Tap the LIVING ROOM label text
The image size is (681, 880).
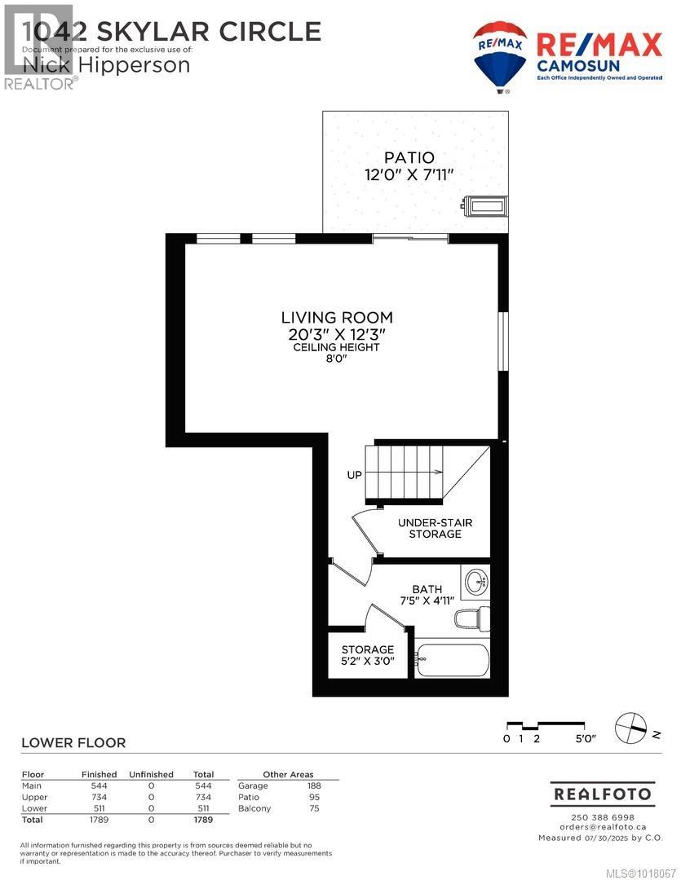pyautogui.click(x=337, y=317)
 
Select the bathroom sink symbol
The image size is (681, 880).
pyautogui.click(x=475, y=582)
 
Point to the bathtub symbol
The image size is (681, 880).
pyautogui.click(x=452, y=657)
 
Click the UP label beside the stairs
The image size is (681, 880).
pyautogui.click(x=354, y=474)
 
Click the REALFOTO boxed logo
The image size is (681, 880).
pyautogui.click(x=602, y=793)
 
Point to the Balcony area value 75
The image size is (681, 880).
pyautogui.click(x=314, y=808)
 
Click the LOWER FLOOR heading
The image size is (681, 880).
pyautogui.click(x=73, y=742)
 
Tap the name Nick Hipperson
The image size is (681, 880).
pyautogui.click(x=105, y=64)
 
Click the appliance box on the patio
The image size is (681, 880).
pyautogui.click(x=486, y=205)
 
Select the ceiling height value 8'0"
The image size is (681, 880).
pyautogui.click(x=337, y=358)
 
